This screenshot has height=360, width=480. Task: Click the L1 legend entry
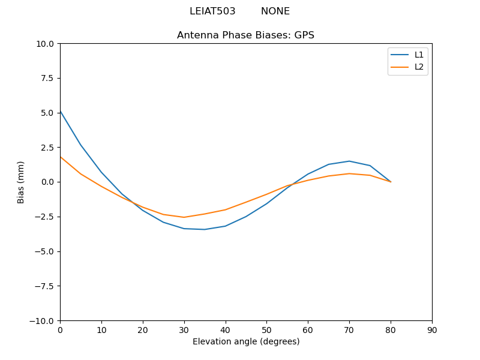[x=419, y=55]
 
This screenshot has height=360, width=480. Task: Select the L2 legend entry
[x=419, y=67]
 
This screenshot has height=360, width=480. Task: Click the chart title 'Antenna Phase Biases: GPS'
[x=245, y=35]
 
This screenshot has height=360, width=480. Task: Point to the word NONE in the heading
[x=275, y=11]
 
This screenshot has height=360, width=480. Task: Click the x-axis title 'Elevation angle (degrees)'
[x=246, y=342]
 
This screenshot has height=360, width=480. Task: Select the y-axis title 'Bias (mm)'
[x=21, y=182]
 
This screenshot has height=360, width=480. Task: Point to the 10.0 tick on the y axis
[x=45, y=44]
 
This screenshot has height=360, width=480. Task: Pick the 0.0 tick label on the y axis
[x=47, y=182]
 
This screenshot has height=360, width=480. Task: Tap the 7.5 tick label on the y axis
[x=47, y=79]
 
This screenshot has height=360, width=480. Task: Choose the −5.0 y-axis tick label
[x=44, y=251]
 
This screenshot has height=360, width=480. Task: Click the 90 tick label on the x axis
[x=432, y=330]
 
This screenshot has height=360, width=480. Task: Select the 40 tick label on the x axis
[x=226, y=330]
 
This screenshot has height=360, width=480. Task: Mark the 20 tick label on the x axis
[x=143, y=330]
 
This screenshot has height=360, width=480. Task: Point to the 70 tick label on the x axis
[x=349, y=330]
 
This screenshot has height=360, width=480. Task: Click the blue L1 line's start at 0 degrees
[x=60, y=111]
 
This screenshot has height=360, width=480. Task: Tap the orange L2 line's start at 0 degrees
[x=60, y=157]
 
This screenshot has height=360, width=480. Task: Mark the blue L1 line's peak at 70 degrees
[x=349, y=161]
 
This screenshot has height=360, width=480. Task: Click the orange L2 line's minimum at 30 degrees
[x=184, y=217]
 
